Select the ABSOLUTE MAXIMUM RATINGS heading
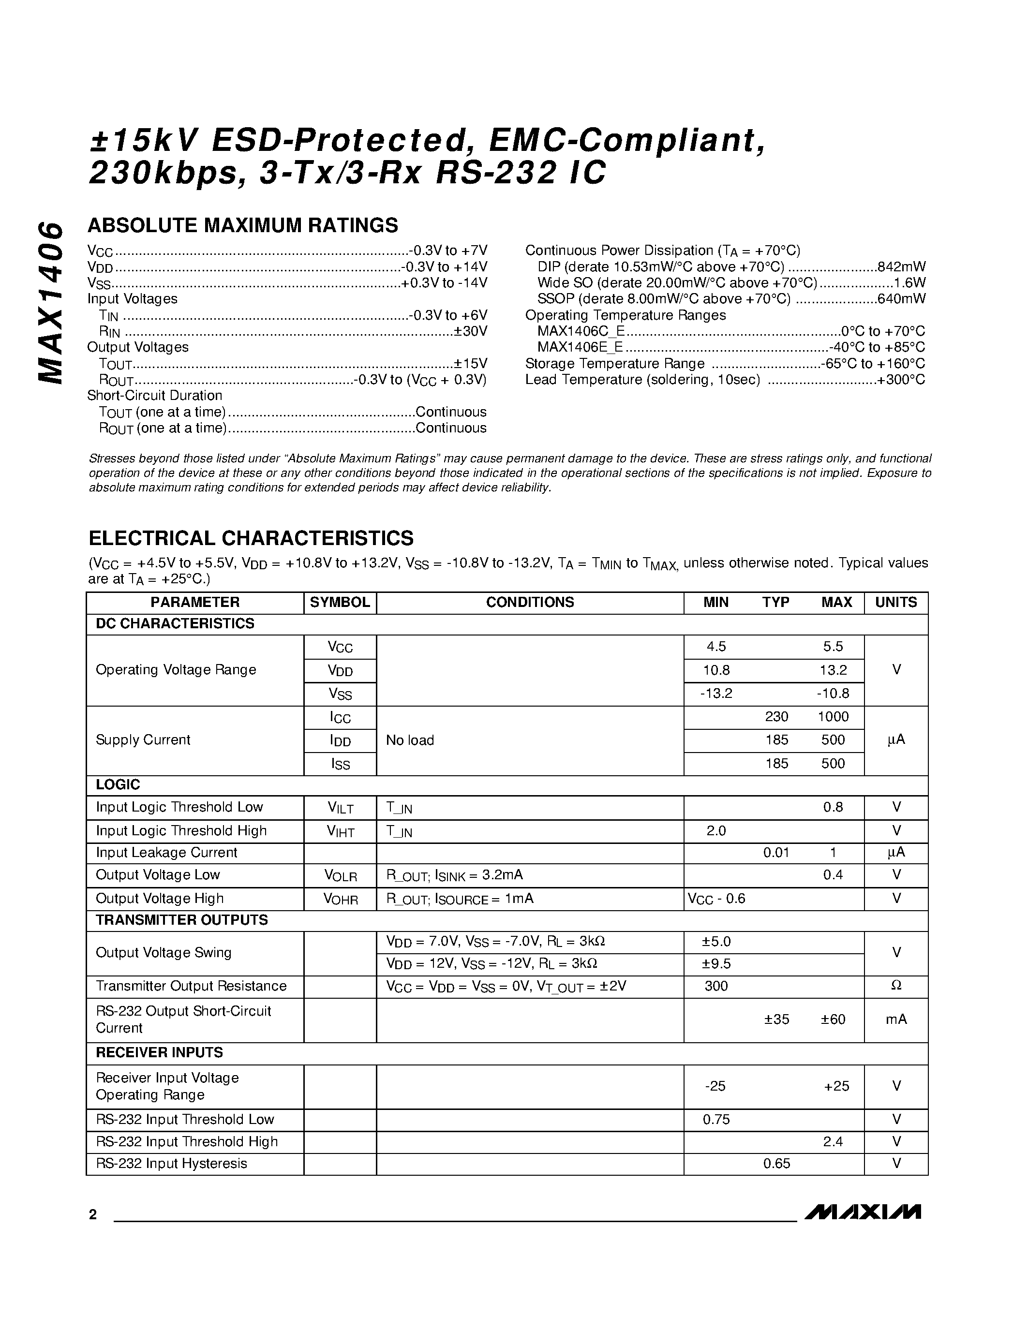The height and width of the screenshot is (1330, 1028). click(242, 225)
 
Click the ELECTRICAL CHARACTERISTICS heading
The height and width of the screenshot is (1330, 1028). click(251, 538)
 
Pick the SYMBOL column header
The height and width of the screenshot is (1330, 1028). click(340, 602)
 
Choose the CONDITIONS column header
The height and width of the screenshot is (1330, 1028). click(530, 602)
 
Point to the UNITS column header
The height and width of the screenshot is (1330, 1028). click(896, 602)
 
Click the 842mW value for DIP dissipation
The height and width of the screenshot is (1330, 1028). click(901, 267)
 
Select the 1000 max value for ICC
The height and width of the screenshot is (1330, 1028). click(833, 717)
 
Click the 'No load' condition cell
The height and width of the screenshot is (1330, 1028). click(410, 740)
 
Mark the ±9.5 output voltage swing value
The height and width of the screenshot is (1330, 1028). click(716, 964)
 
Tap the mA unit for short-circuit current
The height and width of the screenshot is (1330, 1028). click(896, 1020)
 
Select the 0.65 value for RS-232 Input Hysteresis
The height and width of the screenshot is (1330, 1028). click(776, 1164)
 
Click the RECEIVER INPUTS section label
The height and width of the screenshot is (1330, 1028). click(160, 1053)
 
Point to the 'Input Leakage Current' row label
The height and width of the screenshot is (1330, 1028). click(166, 853)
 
